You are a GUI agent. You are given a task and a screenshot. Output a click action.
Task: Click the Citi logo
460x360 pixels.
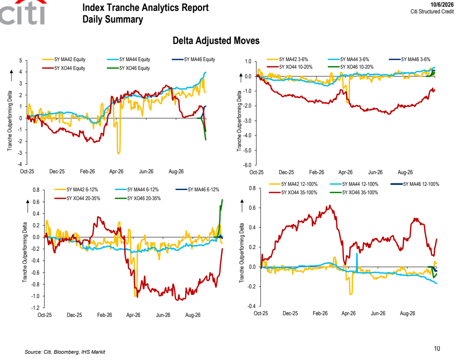(23, 12)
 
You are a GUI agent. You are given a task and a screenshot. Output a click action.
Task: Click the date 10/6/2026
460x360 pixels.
(442, 5)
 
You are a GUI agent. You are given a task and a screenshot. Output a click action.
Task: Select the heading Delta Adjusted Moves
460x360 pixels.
(216, 41)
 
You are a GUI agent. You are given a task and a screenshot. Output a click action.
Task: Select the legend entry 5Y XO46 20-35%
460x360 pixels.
(138, 198)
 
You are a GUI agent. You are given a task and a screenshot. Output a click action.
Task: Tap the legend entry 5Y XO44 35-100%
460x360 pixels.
(293, 193)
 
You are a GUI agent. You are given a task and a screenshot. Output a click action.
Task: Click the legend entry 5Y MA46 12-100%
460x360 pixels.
(415, 184)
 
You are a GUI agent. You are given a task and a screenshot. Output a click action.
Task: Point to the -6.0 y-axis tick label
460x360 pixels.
(247, 165)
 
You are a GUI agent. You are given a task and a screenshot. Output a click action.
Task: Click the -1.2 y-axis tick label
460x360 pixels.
(36, 308)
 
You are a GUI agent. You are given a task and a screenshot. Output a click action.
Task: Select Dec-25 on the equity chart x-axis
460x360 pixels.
(57, 172)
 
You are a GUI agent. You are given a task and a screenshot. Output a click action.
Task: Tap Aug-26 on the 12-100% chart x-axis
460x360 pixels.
(407, 313)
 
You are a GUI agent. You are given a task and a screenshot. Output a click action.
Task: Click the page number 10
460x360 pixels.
(437, 349)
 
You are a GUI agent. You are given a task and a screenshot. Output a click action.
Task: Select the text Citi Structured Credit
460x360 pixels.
(432, 11)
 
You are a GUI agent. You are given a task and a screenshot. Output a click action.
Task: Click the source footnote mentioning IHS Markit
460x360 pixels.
(65, 352)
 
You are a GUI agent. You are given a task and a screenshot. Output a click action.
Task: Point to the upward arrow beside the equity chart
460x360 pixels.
(11, 75)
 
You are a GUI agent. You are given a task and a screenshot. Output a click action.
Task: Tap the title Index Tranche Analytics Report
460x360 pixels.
(146, 8)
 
